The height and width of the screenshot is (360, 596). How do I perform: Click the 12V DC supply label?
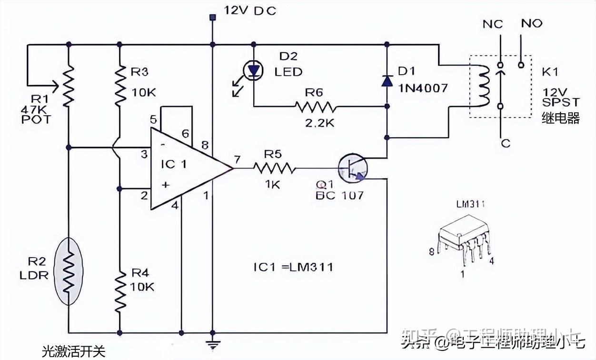point(249,10)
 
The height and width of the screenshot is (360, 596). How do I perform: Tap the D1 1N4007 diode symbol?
point(386,80)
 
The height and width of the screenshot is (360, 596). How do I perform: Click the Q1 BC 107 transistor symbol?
point(353,169)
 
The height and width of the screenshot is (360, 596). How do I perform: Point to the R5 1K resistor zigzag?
point(274,169)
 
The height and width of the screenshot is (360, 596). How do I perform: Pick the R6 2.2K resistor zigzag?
point(315,106)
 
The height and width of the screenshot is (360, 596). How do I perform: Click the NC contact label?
point(492,24)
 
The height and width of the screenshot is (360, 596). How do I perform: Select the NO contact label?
point(531,23)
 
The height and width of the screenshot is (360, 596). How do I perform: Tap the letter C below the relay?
point(506,143)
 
